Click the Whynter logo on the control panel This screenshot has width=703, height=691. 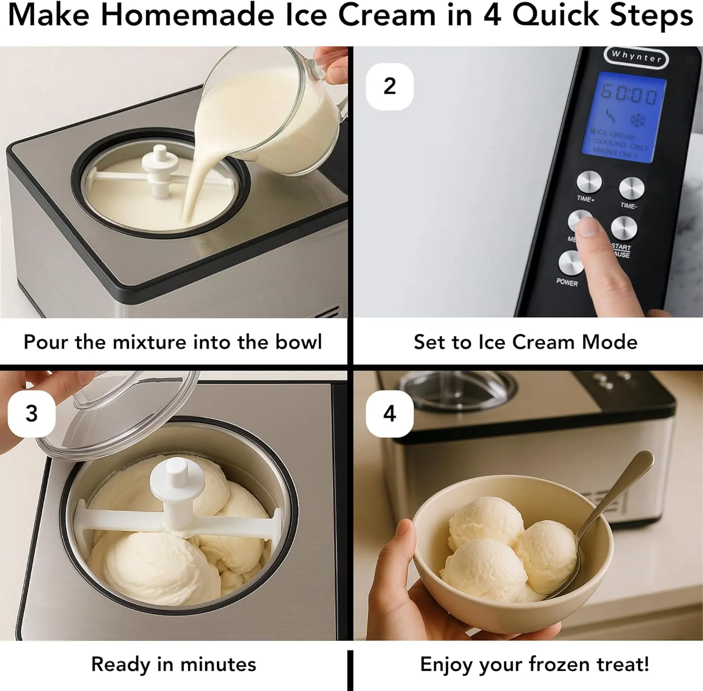636,57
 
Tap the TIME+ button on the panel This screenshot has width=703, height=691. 589,182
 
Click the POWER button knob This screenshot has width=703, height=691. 571,263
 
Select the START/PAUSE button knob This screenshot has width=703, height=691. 624,228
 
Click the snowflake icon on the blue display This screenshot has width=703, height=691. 637,119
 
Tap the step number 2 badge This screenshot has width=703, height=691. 389,87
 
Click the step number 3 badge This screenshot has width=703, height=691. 31,414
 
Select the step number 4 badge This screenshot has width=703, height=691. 389,414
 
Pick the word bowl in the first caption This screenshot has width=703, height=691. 299,342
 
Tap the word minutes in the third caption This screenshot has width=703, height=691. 218,664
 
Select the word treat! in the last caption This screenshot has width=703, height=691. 623,664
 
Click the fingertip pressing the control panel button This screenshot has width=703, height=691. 586,227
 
